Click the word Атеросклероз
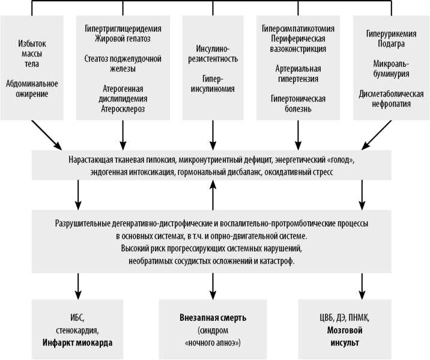click(123, 109)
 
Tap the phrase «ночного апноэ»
click(214, 342)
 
